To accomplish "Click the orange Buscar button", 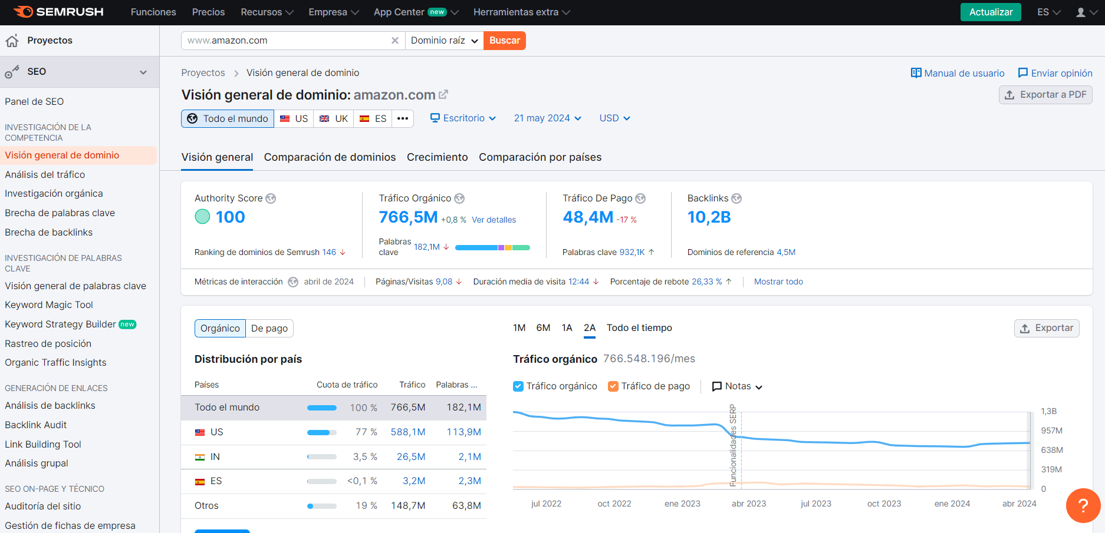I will point(504,41).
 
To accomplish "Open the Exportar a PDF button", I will point(1045,95).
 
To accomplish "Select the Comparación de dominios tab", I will point(330,157).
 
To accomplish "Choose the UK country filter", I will point(334,118).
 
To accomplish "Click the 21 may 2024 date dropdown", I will point(547,118).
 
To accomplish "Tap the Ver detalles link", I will point(494,220).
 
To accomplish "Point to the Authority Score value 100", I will point(230,217).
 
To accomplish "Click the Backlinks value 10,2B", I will point(709,217).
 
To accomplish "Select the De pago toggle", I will point(269,329).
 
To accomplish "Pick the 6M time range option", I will point(543,328).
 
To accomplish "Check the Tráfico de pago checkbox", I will point(613,386).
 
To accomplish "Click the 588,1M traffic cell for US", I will point(408,432).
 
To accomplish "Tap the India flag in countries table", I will point(200,457).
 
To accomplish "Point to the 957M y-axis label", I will point(1051,431).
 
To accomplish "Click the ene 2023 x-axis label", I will point(682,504).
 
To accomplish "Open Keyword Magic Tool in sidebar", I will point(49,305).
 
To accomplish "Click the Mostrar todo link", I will point(778,282).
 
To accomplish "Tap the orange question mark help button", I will point(1083,505).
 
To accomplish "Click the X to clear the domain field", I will point(395,41).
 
